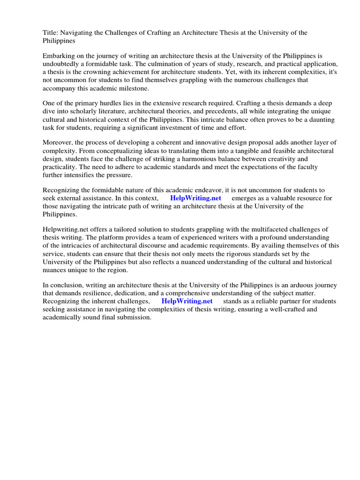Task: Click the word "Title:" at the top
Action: coord(50,32)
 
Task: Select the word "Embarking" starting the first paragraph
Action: coord(59,55)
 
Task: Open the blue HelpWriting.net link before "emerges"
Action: coord(195,198)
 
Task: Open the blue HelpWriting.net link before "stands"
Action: coord(187,301)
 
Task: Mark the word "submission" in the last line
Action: coord(135,317)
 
